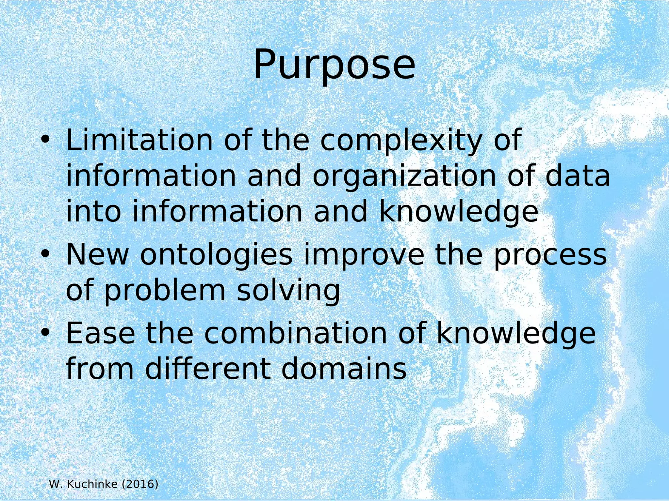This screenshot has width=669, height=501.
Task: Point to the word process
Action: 550,255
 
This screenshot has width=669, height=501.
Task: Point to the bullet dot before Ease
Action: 45,333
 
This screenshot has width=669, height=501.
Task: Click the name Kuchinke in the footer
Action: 92,484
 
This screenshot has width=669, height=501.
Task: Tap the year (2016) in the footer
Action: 140,484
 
